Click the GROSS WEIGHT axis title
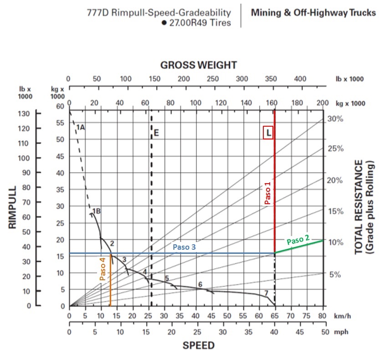coord(198,65)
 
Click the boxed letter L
coord(269,133)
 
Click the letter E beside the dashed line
coord(156,133)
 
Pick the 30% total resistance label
coord(335,119)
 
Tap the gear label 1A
coord(80,127)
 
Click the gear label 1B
coord(96,211)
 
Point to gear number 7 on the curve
coord(266,293)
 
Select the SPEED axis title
coord(198,345)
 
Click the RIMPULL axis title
coord(12,207)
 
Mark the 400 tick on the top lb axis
coord(300,78)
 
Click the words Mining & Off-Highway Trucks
coord(313,13)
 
